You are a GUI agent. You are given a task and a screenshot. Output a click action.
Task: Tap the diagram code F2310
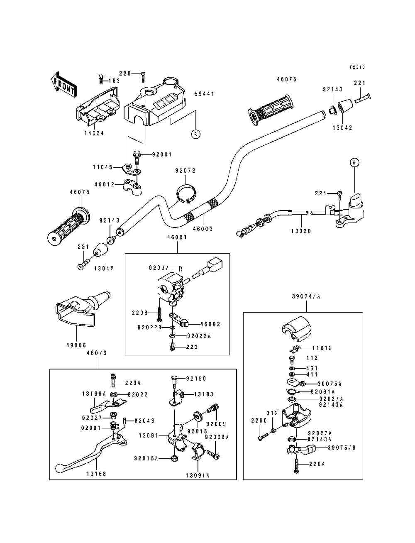[357, 67]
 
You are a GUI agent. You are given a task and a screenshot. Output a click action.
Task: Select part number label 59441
[204, 94]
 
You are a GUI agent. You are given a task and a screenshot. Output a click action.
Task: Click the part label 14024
[94, 133]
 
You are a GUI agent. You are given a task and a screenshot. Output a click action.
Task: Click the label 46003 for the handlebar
[203, 229]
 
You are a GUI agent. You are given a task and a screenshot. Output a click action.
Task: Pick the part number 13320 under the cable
[301, 231]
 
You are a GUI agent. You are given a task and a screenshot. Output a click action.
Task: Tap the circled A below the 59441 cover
[195, 134]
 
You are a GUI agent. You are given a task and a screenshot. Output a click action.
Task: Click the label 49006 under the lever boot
[76, 345]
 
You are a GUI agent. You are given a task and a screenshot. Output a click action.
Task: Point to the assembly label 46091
[177, 237]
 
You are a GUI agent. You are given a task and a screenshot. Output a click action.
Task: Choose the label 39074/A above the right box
[306, 296]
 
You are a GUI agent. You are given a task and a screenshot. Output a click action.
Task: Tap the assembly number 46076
[96, 353]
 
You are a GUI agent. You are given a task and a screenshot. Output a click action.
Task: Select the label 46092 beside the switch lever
[210, 324]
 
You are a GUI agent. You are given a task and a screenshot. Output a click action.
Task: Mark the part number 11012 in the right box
[322, 348]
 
